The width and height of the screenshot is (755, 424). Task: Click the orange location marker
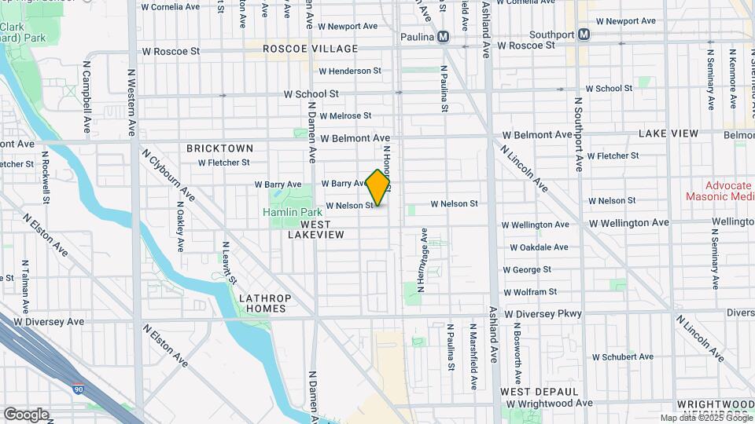378,188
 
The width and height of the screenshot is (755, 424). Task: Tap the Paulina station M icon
444,36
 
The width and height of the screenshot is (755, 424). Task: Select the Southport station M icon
584,35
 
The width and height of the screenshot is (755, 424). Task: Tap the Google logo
26,414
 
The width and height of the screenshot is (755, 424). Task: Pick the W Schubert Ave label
622,356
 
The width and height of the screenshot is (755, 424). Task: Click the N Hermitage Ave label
423,260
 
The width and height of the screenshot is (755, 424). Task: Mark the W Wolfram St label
532,292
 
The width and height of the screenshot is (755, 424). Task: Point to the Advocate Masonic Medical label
720,190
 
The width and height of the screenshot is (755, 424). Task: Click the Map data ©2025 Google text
705,419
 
